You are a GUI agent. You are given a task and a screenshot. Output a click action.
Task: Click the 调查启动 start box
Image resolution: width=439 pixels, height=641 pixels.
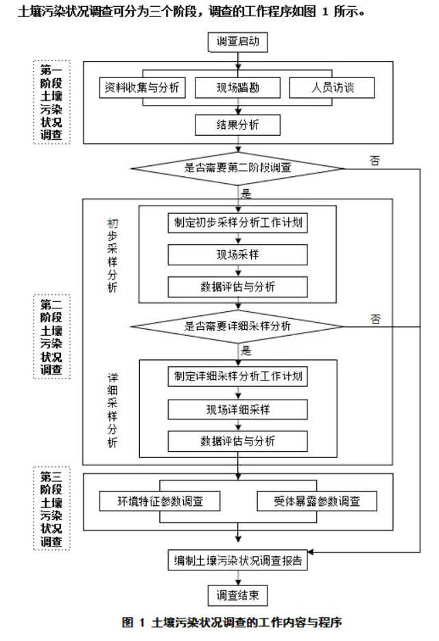[x=238, y=43]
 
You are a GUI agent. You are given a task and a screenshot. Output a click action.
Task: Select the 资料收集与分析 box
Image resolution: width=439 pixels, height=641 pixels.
[x=143, y=88]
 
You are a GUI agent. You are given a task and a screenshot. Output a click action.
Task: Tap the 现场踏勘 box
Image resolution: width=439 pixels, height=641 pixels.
[x=238, y=88]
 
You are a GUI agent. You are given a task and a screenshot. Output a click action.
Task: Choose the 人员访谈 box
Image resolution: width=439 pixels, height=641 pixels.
[x=332, y=88]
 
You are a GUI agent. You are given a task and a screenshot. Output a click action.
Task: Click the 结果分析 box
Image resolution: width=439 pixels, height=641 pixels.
[x=238, y=124]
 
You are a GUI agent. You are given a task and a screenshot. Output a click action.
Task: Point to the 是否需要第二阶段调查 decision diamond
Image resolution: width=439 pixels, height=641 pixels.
[x=238, y=167]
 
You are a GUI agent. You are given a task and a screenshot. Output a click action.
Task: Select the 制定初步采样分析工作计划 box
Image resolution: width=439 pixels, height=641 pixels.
[x=238, y=223]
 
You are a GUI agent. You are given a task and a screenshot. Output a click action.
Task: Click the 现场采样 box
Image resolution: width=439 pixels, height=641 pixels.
[x=238, y=254]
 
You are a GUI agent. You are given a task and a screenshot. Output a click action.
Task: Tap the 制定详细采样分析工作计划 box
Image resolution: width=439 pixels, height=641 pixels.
[x=238, y=376]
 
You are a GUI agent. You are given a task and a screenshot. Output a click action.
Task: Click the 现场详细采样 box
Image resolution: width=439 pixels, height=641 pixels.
[x=238, y=409]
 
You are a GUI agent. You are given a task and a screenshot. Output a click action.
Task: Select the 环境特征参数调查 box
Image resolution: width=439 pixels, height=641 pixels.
[x=160, y=501]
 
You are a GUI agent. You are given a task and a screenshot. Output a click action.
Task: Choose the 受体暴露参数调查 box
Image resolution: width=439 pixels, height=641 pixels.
[x=316, y=501]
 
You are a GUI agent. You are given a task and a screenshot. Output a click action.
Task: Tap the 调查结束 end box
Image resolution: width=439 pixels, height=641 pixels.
[x=238, y=595]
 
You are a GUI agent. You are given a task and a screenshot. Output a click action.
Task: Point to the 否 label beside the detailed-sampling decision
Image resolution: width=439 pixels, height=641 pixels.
[x=375, y=319]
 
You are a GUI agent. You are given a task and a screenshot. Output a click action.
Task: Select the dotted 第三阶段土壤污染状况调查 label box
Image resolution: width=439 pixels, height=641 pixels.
[x=51, y=508]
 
